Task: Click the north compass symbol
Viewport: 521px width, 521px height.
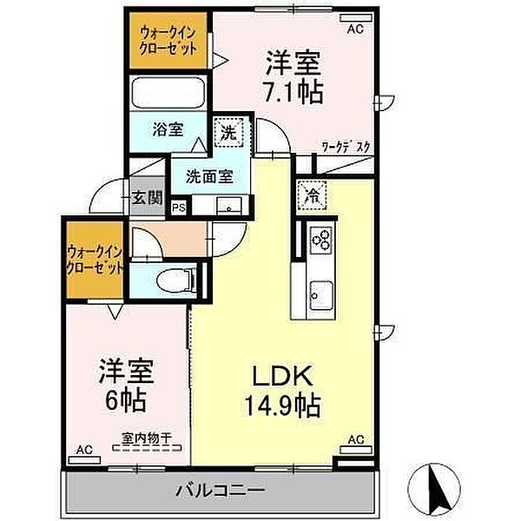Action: click(434, 489)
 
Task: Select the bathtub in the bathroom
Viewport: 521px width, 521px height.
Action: click(168, 93)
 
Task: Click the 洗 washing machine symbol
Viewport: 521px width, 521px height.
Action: click(229, 133)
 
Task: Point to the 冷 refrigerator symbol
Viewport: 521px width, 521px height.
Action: click(313, 195)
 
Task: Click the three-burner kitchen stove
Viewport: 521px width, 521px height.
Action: click(321, 240)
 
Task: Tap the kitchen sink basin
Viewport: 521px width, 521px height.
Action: click(321, 296)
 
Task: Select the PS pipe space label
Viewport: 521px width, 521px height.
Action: click(179, 208)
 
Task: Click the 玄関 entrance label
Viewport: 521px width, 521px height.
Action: click(148, 198)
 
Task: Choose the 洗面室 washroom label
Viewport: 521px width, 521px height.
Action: click(209, 176)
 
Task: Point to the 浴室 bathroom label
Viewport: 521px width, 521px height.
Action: click(168, 129)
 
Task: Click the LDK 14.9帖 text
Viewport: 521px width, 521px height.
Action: click(282, 391)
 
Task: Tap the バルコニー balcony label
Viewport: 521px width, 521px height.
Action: click(221, 491)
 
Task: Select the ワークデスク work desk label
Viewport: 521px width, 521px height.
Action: click(346, 147)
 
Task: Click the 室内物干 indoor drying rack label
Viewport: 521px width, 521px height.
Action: click(147, 438)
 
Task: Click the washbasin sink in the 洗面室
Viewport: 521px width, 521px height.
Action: click(229, 206)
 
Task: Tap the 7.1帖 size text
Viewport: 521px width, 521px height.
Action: click(293, 91)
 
